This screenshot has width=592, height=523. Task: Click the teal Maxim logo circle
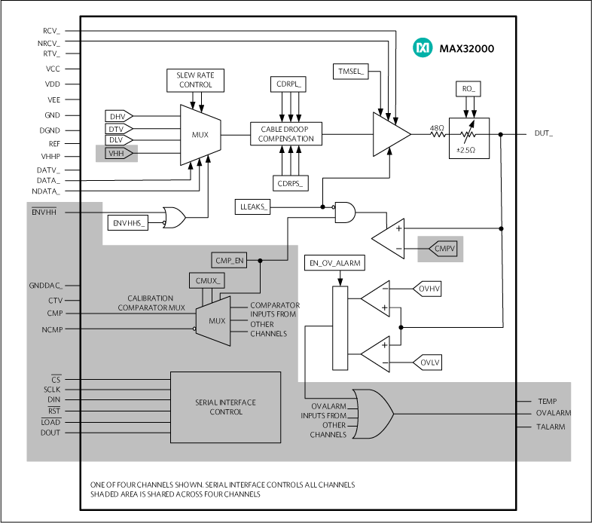[423, 48]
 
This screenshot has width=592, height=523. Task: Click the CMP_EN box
[229, 261]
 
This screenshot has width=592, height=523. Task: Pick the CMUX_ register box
[207, 281]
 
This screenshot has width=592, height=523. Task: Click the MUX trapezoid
[214, 321]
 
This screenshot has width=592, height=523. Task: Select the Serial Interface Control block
[225, 407]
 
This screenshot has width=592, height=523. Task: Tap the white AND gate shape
[344, 213]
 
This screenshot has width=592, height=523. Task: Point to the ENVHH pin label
[44, 213]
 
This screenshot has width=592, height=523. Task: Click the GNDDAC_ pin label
[46, 286]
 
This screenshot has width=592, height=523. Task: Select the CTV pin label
[55, 301]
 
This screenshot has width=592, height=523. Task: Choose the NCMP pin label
[52, 330]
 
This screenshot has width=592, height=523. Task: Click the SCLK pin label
[52, 390]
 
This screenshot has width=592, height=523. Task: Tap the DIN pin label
[53, 400]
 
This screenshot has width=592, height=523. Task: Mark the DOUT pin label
[50, 433]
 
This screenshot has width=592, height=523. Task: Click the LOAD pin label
[50, 422]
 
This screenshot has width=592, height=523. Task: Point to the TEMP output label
[547, 402]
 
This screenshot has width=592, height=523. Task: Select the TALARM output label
[551, 427]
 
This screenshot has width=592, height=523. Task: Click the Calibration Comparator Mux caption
[151, 303]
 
